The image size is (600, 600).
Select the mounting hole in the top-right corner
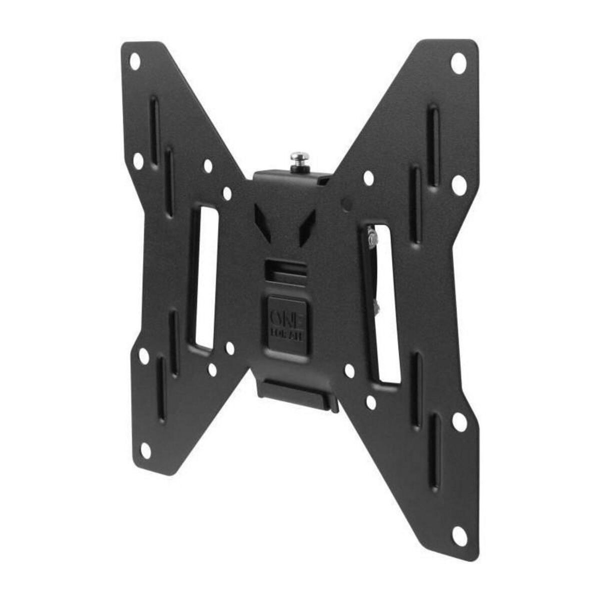457,64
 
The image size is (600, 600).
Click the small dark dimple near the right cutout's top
343,203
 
